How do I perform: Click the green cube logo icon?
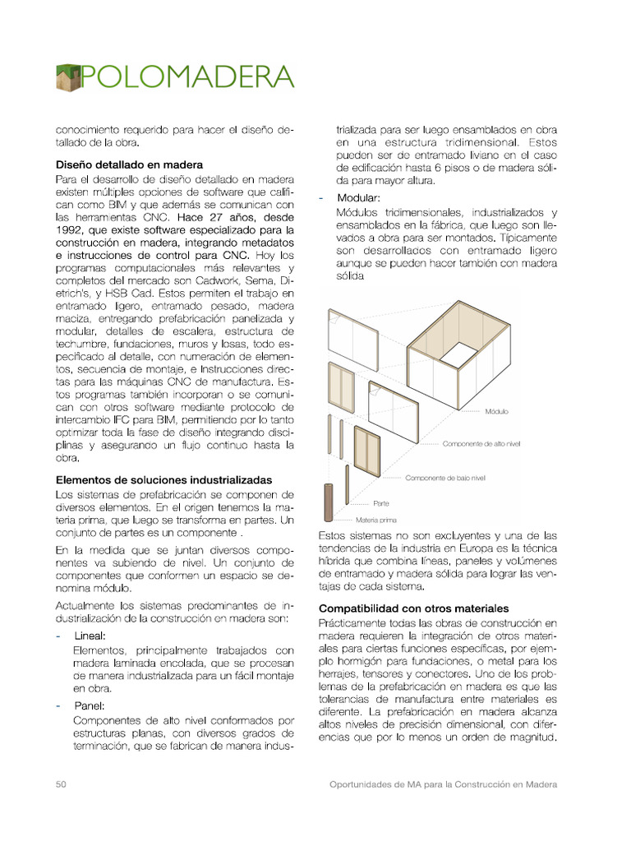(x=69, y=77)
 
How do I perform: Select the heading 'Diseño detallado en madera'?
(x=129, y=164)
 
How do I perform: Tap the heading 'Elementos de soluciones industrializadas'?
(x=164, y=479)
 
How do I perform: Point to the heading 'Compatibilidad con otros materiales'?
(x=413, y=608)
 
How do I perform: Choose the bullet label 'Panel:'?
(x=90, y=705)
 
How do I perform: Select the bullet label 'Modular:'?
(x=358, y=199)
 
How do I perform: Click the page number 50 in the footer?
(x=61, y=784)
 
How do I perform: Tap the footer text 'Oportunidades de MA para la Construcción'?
(x=443, y=784)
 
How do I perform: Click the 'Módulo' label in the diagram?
(x=496, y=411)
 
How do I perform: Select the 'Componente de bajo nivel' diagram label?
(x=444, y=477)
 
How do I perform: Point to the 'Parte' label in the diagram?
(x=380, y=502)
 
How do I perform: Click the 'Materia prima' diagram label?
(x=375, y=520)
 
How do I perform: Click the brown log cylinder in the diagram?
(x=328, y=502)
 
